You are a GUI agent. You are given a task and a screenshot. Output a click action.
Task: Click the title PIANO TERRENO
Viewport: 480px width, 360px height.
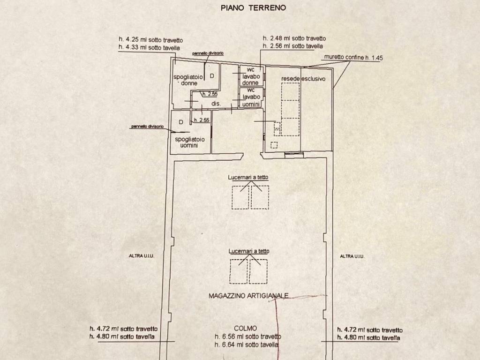click(253, 8)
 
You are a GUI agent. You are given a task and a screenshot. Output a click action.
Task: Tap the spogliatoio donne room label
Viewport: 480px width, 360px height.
click(188, 80)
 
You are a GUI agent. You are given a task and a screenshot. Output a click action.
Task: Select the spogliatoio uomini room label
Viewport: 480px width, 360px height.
click(189, 142)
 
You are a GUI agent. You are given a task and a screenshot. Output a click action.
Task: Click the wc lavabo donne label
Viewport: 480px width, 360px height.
click(251, 76)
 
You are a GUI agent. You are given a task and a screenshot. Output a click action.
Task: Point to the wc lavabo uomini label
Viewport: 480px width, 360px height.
click(251, 97)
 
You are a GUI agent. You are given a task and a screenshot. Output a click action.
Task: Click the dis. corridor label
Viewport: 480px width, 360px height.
click(216, 104)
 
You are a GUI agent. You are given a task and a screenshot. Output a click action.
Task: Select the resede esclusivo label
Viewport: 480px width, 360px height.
click(303, 79)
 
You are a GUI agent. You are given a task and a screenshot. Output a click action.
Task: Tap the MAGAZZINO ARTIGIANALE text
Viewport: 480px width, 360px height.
click(248, 296)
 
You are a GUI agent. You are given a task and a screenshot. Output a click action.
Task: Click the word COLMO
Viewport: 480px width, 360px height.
click(246, 329)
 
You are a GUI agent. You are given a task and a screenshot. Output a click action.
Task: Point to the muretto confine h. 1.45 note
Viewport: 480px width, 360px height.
click(353, 57)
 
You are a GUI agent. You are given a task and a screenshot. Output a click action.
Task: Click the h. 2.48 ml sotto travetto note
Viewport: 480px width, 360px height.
click(294, 38)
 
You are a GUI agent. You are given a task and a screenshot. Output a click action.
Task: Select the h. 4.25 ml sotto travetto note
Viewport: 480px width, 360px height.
click(150, 40)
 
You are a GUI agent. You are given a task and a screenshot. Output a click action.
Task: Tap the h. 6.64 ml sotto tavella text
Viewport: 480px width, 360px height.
click(247, 345)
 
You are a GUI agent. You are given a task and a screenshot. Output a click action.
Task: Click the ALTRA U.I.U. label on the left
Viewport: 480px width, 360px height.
click(142, 256)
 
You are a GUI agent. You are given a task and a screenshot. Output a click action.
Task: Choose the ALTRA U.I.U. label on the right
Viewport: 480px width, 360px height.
click(352, 256)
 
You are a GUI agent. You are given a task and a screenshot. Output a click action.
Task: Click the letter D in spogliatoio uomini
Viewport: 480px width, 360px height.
click(181, 122)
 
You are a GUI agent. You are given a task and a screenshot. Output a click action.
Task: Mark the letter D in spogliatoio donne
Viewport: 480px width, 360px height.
click(212, 75)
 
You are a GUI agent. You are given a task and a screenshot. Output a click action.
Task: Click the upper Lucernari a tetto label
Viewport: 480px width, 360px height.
click(248, 177)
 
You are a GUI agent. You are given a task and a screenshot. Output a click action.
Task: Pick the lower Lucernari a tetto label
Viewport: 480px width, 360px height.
click(249, 251)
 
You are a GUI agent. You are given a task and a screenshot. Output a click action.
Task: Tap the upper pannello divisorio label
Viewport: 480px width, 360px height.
click(208, 53)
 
